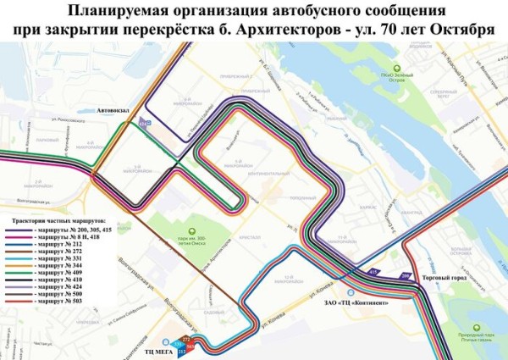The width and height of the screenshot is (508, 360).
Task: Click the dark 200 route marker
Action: pos(405,276)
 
